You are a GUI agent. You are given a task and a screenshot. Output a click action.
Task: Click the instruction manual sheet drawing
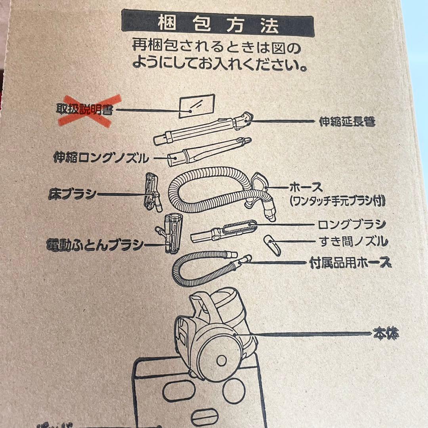coord(197,106)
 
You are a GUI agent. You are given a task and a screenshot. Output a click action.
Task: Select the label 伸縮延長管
coord(347,122)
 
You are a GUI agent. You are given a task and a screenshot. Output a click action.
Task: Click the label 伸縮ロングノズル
coord(101,159)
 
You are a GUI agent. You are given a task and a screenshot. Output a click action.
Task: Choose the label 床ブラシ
coord(72,195)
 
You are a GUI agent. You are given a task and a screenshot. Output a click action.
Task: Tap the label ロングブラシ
coord(352,225)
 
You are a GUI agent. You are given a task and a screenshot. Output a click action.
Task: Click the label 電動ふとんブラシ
coord(95,245)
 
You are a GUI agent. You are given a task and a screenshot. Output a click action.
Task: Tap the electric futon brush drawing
coord(171,233)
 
